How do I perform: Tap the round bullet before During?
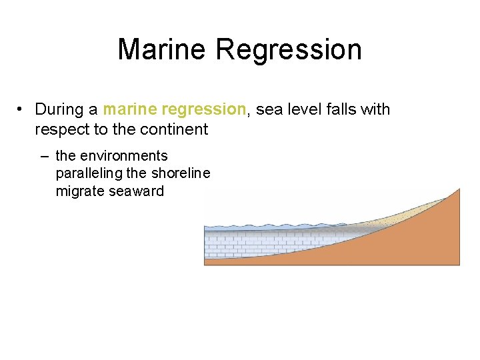[x=22, y=109]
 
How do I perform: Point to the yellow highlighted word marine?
[x=131, y=109]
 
